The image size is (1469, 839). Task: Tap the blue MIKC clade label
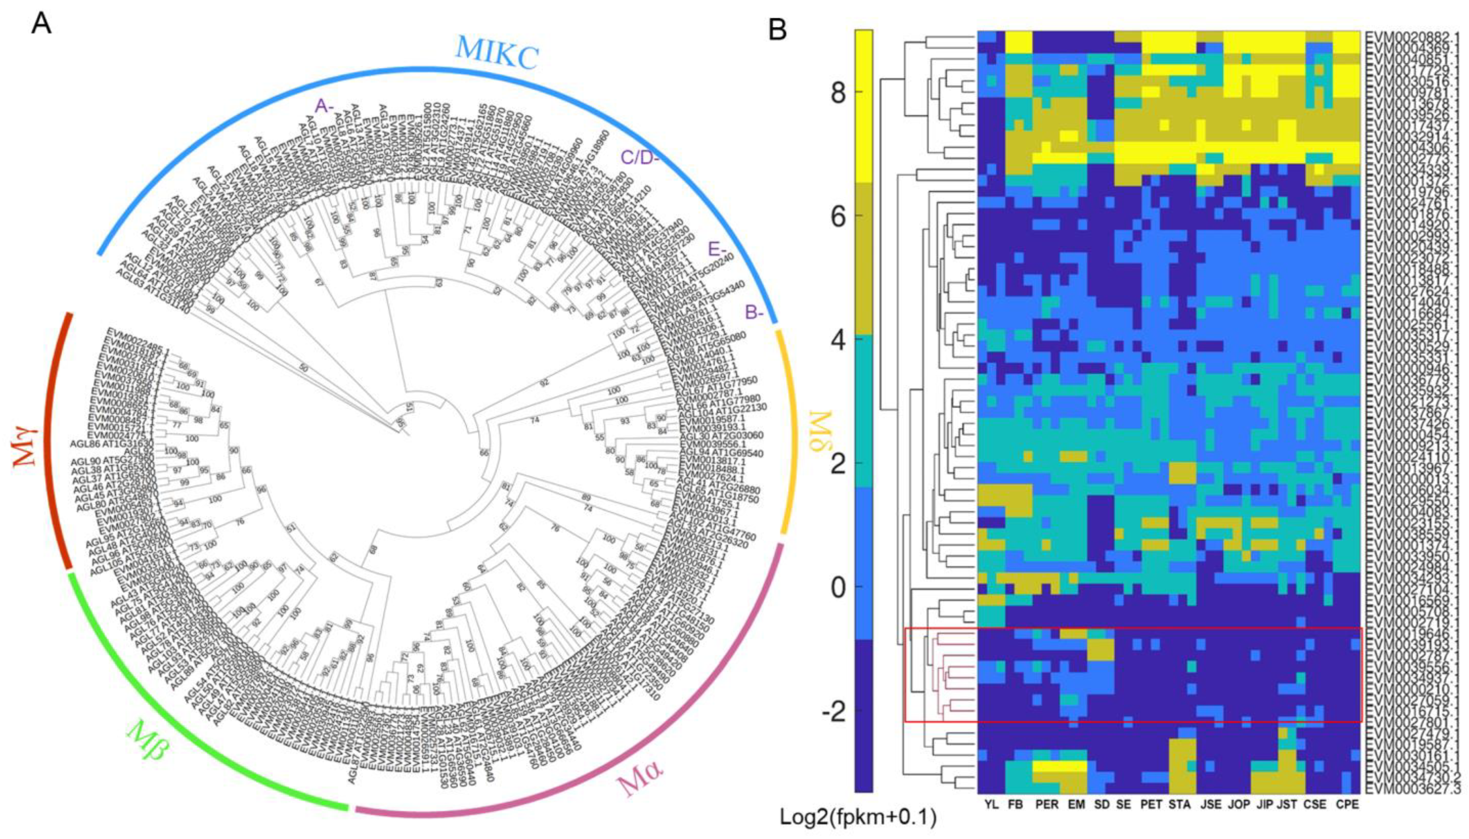(x=497, y=52)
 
